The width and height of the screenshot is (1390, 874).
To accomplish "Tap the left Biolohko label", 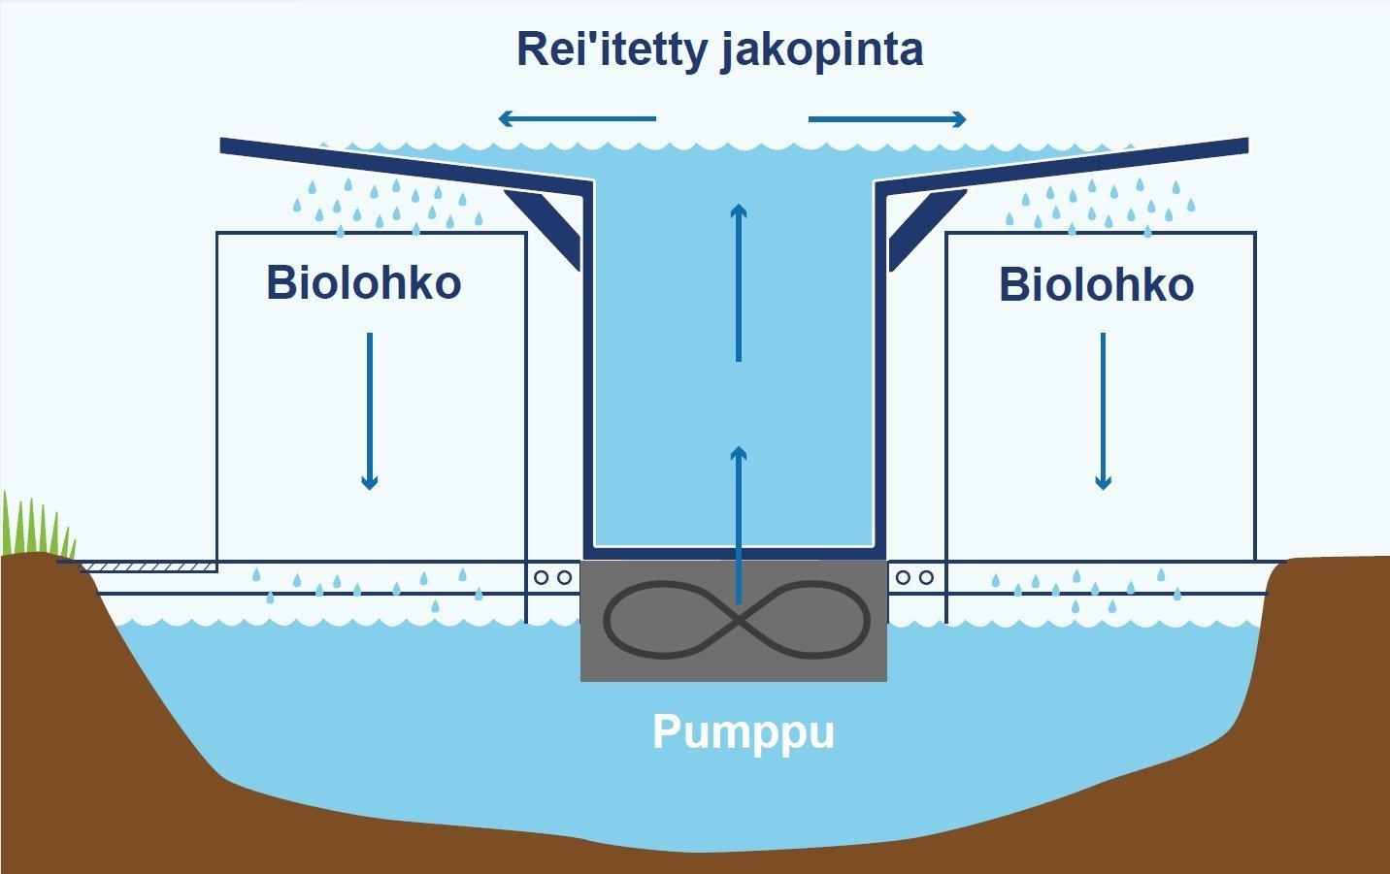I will (x=363, y=282).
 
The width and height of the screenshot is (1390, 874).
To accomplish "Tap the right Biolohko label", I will (x=1096, y=284).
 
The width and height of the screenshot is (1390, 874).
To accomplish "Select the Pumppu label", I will (x=744, y=731).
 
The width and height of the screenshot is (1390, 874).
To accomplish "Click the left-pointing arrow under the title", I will (x=577, y=119).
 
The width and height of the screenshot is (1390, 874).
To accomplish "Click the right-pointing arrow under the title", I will (x=887, y=119).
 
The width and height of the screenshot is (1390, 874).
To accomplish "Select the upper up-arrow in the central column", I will (x=739, y=281).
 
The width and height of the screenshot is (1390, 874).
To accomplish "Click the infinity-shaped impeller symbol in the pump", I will (x=736, y=619).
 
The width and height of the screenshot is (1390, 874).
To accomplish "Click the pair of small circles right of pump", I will (x=914, y=578).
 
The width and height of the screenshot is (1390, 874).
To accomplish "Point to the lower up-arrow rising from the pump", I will (x=739, y=524).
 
